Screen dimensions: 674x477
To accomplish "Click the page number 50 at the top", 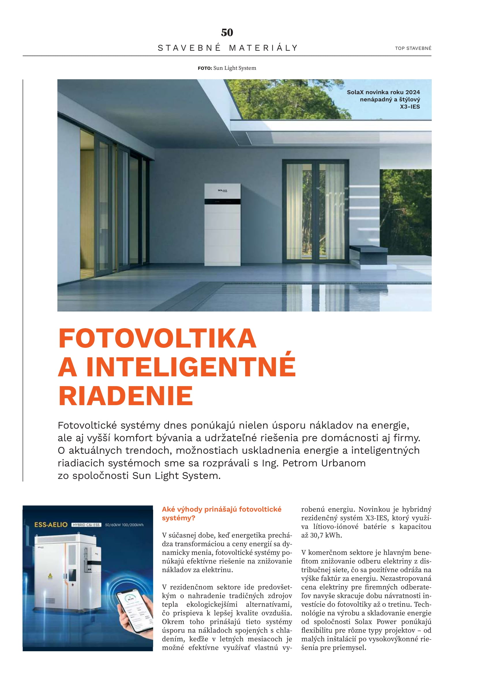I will click(x=227, y=32).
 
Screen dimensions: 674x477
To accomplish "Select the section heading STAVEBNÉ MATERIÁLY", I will click(x=228, y=48).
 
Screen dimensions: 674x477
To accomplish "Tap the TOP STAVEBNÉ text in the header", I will click(x=413, y=48).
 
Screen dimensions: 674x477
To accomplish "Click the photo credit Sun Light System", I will click(x=234, y=68).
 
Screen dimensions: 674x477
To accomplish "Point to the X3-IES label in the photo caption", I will click(x=410, y=107).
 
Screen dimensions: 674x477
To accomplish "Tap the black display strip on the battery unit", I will click(x=222, y=202).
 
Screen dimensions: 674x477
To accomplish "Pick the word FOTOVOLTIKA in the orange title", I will click(x=157, y=339).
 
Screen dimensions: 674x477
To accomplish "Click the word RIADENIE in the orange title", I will click(x=126, y=396).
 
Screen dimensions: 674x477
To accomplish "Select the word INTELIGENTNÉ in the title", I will click(x=191, y=367).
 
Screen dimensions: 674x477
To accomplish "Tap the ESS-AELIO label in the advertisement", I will click(x=51, y=524).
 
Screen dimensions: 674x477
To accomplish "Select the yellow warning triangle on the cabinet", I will click(x=50, y=576).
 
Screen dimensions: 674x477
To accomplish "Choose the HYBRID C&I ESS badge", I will click(x=86, y=525).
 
